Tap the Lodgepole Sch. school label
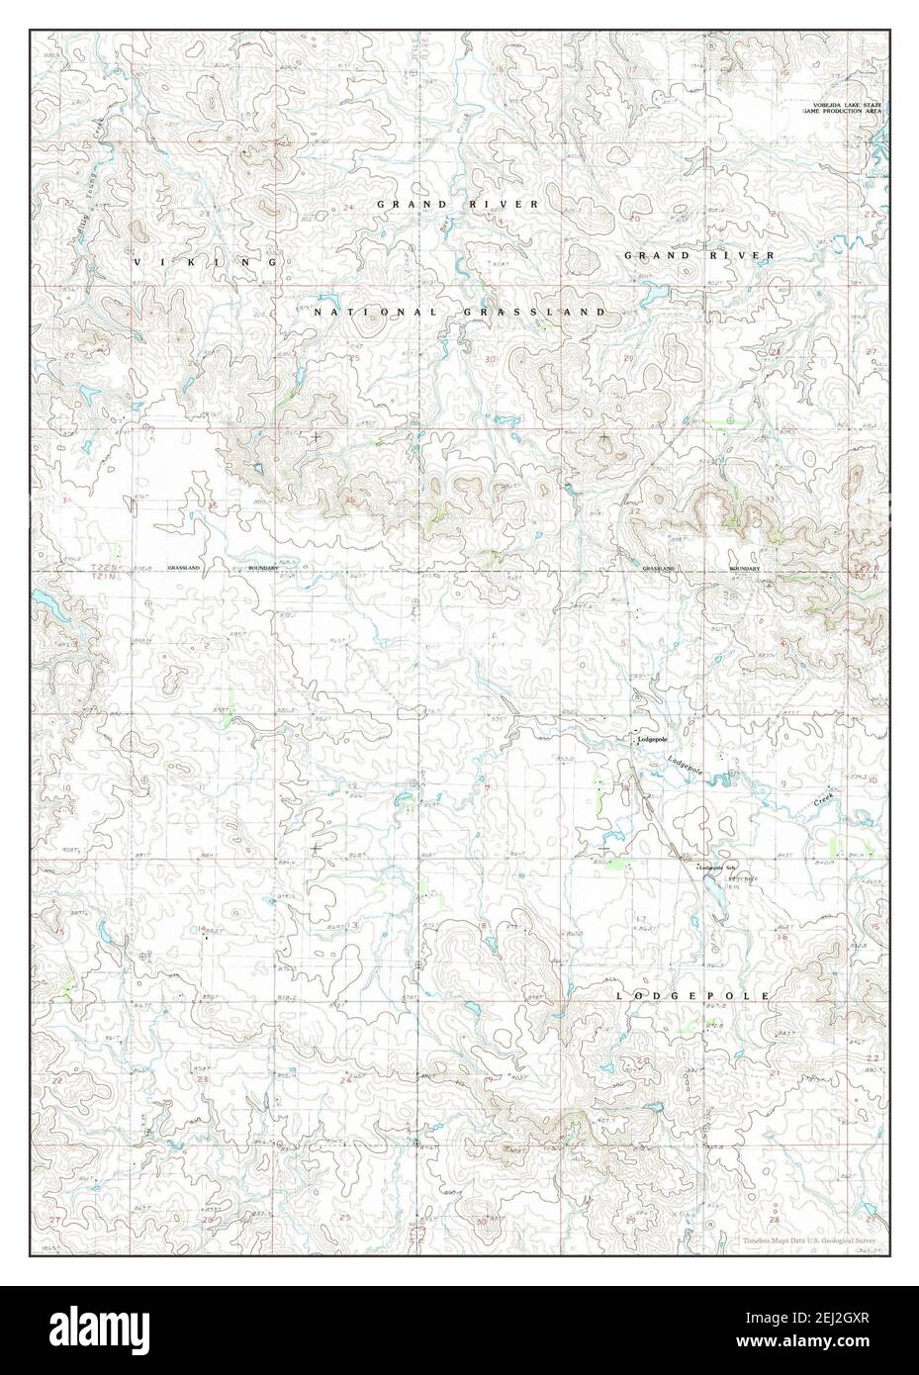[717, 868]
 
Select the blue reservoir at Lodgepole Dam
[711, 889]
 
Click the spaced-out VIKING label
[206, 262]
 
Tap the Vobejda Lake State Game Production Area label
[847, 108]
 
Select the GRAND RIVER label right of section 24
[457, 204]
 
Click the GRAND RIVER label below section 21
[698, 255]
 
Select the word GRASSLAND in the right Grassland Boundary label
[658, 570]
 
